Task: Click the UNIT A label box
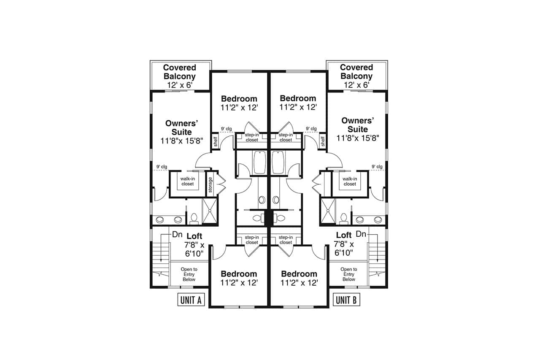[x=190, y=300]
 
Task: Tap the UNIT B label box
[x=346, y=300]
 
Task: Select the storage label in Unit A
[x=210, y=184]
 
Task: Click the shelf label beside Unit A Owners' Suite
[x=215, y=141]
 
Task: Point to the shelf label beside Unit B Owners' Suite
[x=323, y=141]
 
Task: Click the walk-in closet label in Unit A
[x=187, y=181]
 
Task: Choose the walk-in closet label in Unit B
[x=350, y=181]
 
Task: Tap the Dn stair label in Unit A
[x=177, y=234]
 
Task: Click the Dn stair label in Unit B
[x=361, y=234]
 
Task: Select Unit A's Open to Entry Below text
[x=189, y=274]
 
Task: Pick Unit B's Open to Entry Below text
[x=348, y=274]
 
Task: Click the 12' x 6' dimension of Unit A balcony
[x=179, y=85]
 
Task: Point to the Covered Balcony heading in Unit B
[x=356, y=72]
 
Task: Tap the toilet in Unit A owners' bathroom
[x=194, y=218]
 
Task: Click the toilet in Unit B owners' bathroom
[x=343, y=218]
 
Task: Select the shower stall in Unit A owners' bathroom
[x=210, y=210]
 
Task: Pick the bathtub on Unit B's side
[x=278, y=162]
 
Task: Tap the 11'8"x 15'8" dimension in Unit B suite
[x=358, y=138]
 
